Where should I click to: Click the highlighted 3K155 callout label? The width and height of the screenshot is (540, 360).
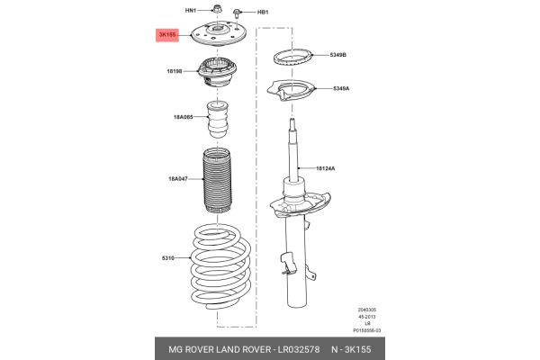166,35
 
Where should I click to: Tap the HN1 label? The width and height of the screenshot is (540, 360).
190,11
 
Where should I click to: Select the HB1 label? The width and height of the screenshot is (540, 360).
263,13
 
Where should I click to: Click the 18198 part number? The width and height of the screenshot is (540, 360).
175,70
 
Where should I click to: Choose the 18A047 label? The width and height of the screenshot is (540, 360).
179,179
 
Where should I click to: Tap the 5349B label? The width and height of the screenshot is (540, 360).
337,56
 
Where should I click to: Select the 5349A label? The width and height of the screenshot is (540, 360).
340,88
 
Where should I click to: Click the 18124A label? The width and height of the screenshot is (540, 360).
326,168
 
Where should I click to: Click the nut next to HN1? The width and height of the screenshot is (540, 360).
216,12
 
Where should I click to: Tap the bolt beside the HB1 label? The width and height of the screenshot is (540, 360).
238,13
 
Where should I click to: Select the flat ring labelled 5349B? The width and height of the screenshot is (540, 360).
294,58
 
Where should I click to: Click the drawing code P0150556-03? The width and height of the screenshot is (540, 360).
366,330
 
